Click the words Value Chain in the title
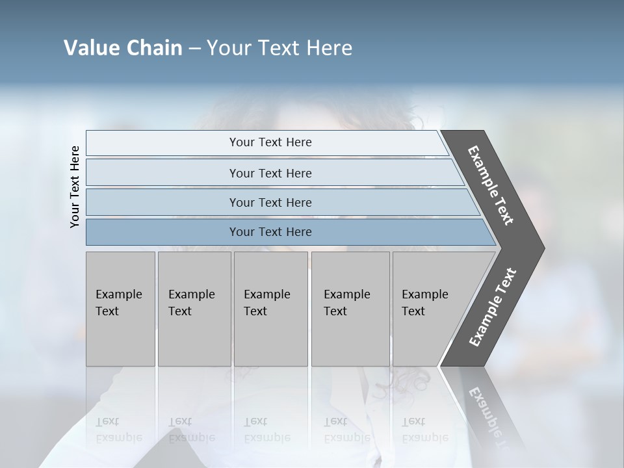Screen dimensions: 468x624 pyautogui.click(x=123, y=47)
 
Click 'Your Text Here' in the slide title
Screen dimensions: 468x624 pyautogui.click(x=279, y=47)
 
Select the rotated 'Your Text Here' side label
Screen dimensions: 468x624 pyautogui.click(x=75, y=187)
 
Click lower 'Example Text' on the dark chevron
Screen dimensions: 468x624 pyautogui.click(x=492, y=307)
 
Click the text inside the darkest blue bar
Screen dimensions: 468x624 pyautogui.click(x=270, y=232)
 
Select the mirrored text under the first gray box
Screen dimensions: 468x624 pyautogui.click(x=118, y=430)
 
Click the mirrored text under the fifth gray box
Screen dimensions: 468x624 pyautogui.click(x=424, y=430)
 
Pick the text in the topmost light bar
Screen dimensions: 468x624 pyautogui.click(x=270, y=142)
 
